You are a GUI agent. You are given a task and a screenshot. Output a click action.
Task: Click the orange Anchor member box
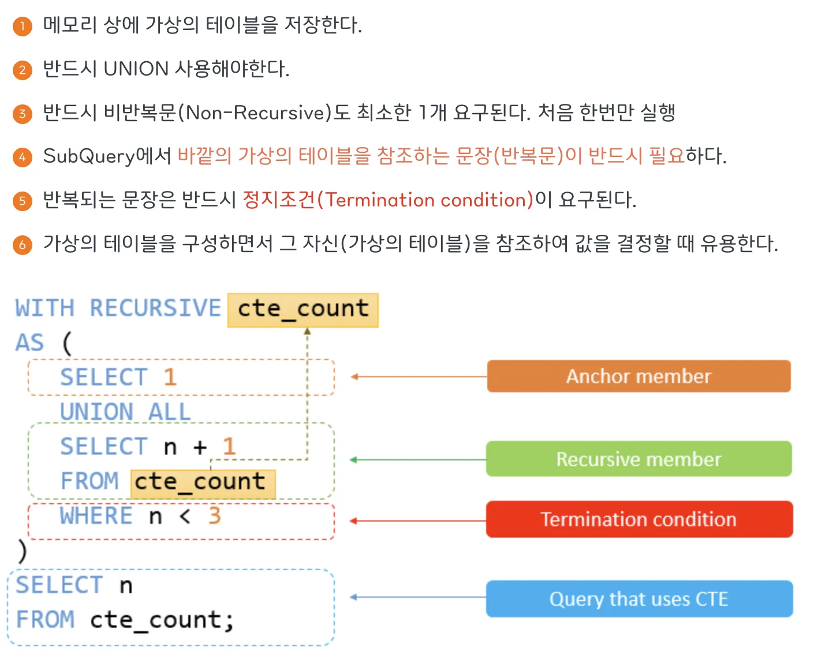pyautogui.click(x=638, y=376)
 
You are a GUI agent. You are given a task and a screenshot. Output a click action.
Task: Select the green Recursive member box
pyautogui.click(x=638, y=459)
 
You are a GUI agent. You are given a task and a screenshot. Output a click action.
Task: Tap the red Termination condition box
pyautogui.click(x=638, y=519)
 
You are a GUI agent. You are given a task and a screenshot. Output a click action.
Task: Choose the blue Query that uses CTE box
pyautogui.click(x=638, y=599)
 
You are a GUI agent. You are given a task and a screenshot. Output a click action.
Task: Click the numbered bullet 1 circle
pyautogui.click(x=23, y=26)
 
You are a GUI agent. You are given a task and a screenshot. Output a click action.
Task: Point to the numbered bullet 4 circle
pyautogui.click(x=23, y=157)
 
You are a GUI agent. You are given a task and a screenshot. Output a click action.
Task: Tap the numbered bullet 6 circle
pyautogui.click(x=23, y=245)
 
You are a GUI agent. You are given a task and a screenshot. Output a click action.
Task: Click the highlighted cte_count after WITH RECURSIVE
pyautogui.click(x=303, y=309)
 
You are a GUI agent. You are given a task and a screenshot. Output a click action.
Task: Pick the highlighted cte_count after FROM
pyautogui.click(x=203, y=482)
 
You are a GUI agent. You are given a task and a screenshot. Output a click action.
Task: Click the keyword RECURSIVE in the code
pyautogui.click(x=155, y=308)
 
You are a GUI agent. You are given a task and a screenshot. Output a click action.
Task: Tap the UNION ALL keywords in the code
pyautogui.click(x=125, y=412)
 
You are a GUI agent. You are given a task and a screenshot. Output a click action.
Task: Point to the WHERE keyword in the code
pyautogui.click(x=96, y=516)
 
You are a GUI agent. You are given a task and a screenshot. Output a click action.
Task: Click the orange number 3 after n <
pyautogui.click(x=215, y=516)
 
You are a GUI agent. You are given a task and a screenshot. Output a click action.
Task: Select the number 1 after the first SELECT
pyautogui.click(x=170, y=377)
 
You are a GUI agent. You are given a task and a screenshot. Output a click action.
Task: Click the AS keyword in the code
pyautogui.click(x=29, y=343)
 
